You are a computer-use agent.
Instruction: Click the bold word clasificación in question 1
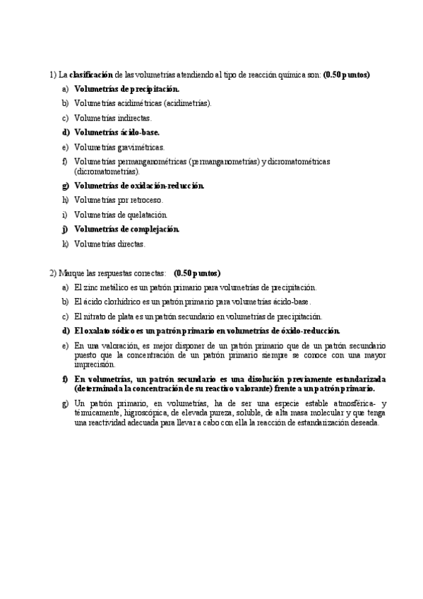pyautogui.click(x=91, y=74)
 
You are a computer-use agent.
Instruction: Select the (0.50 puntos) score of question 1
pyautogui.click(x=347, y=74)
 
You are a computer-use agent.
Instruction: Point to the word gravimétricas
pyautogui.click(x=140, y=147)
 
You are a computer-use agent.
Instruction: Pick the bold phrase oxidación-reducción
pyautogui.click(x=163, y=186)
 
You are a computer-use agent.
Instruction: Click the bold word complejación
pyautogui.click(x=155, y=229)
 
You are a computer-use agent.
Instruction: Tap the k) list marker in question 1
pyautogui.click(x=65, y=244)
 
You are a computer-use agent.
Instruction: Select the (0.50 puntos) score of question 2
pyautogui.click(x=197, y=273)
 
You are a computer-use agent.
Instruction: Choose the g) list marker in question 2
pyautogui.click(x=65, y=403)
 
